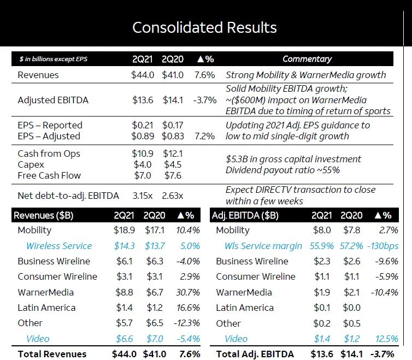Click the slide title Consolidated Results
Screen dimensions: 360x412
pos(205,27)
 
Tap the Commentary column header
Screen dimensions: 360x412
pos(307,59)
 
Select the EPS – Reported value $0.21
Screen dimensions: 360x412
pos(142,125)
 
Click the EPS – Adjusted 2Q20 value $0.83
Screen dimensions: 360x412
pos(173,136)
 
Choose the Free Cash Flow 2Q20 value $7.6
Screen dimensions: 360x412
pos(173,175)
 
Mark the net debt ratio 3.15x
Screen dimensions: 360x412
pos(143,195)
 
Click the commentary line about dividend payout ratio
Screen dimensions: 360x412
pos(282,170)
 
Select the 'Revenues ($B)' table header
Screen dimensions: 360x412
pos(43,215)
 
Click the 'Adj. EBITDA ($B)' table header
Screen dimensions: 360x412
pos(245,215)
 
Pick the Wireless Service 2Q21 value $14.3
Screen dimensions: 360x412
pos(124,246)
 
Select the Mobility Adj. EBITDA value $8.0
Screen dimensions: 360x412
pos(322,230)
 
